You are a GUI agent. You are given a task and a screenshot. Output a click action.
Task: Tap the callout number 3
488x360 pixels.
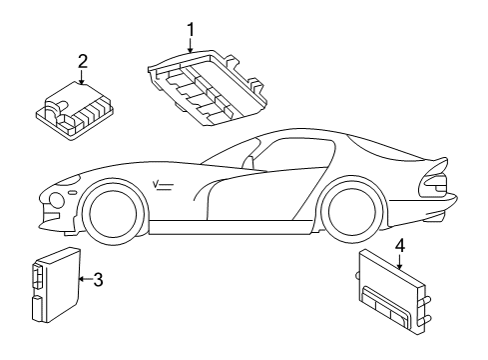tap(98, 280)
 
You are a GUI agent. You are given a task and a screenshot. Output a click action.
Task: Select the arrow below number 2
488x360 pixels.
tap(83, 77)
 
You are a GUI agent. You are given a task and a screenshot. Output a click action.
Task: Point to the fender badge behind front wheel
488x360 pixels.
tap(163, 182)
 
